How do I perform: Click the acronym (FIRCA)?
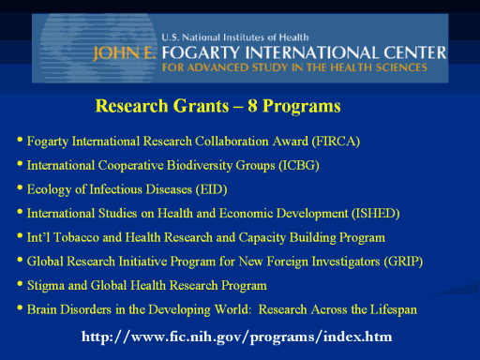pyautogui.click(x=336, y=142)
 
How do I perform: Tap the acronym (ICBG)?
pyautogui.click(x=299, y=165)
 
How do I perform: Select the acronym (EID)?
pyautogui.click(x=212, y=189)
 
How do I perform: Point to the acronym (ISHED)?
pyautogui.click(x=376, y=214)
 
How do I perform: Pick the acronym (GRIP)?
pyautogui.click(x=403, y=262)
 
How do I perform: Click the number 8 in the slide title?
pyautogui.click(x=252, y=106)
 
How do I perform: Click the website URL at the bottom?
pyautogui.click(x=237, y=337)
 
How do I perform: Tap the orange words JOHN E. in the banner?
pyautogui.click(x=125, y=52)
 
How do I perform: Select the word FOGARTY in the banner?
pyautogui.click(x=201, y=52)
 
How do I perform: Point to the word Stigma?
pyautogui.click(x=46, y=286)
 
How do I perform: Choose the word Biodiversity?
pyautogui.click(x=199, y=166)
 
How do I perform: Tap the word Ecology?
pyautogui.click(x=49, y=189)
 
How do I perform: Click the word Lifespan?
pyautogui.click(x=394, y=309)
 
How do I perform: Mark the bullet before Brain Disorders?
pyautogui.click(x=20, y=307)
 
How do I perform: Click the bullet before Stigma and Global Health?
pyautogui.click(x=20, y=284)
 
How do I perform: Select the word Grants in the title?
pyautogui.click(x=201, y=106)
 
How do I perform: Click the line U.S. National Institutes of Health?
pyautogui.click(x=235, y=37)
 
